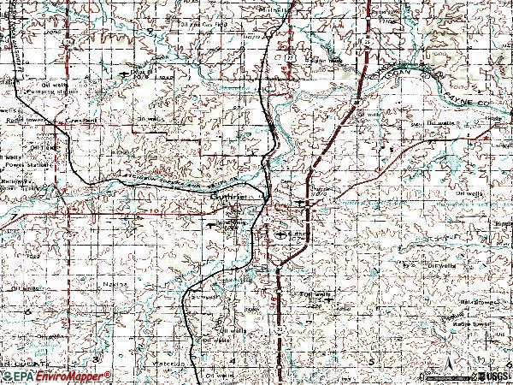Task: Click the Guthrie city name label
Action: coord(230,196)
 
